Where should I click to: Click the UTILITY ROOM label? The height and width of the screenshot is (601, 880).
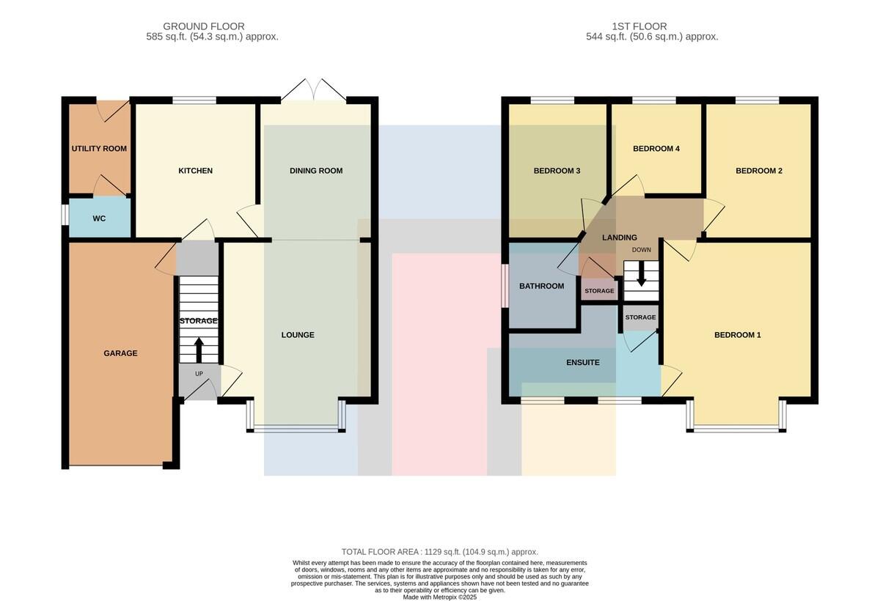pos(99,148)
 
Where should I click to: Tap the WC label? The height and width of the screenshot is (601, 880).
pos(99,218)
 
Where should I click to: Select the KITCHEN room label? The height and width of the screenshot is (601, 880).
pos(195,170)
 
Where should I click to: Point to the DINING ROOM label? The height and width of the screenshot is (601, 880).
pos(316,170)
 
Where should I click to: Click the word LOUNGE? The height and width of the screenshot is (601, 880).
pos(298,335)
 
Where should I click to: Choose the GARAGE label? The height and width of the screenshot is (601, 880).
pos(120,353)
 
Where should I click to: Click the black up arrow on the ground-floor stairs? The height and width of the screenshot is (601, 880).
pos(199,350)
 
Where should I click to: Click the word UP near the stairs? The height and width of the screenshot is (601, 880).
pos(199,374)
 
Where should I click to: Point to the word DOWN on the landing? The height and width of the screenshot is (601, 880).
pos(642,250)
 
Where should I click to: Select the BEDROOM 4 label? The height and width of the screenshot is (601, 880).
pos(656,148)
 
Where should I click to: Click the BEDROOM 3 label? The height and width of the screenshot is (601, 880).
pos(557,170)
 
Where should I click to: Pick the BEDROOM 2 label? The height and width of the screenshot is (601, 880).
pos(759,170)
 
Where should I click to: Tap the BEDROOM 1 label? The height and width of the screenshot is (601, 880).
pos(738,335)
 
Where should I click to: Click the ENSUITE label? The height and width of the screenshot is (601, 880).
pos(583,362)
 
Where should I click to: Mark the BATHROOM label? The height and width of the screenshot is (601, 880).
pos(542,286)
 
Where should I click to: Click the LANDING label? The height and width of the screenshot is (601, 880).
pos(620,237)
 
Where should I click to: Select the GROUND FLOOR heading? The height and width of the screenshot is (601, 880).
pos(204,26)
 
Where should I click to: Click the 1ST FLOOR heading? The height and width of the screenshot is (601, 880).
pos(639,26)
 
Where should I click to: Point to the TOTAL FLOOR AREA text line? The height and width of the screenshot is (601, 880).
pos(440,552)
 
